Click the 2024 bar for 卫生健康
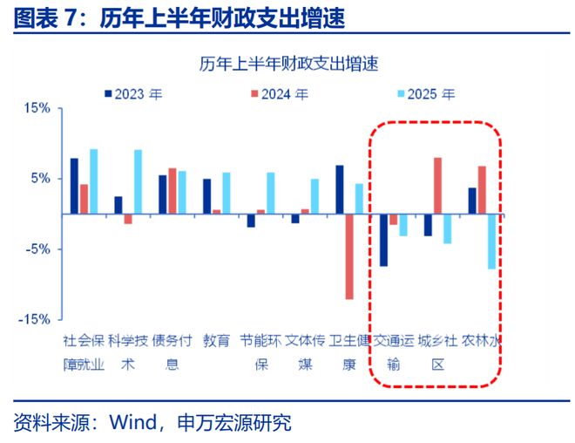[x=349, y=256]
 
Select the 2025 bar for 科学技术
[x=138, y=181]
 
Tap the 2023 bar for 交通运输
[x=383, y=240]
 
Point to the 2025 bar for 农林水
[x=492, y=241]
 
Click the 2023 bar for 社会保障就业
[x=74, y=186]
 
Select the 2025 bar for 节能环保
[x=270, y=193]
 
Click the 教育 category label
[x=216, y=341]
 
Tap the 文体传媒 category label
[x=306, y=351]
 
